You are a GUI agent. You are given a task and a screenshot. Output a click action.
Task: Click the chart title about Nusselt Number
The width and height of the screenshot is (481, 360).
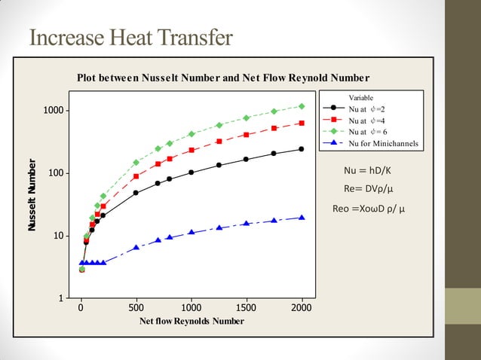coord(223,78)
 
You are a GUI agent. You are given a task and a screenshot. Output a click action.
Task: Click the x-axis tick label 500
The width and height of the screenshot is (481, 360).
coord(136,308)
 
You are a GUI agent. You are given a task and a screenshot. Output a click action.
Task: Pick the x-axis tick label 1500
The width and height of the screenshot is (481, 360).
coord(247,308)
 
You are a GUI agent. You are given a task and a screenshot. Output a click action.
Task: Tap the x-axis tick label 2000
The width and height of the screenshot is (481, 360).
coord(302,308)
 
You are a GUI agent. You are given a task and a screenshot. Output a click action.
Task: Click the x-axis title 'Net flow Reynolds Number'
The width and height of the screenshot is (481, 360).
coord(191,321)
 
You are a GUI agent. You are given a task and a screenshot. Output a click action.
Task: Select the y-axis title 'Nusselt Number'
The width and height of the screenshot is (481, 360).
coord(33,194)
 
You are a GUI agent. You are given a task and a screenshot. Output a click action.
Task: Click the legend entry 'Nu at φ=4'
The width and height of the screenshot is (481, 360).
coord(366,120)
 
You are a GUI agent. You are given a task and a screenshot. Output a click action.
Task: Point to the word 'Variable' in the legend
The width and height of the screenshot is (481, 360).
coord(361,98)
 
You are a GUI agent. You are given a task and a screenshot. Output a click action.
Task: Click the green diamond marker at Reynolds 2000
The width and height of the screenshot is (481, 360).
coord(302,106)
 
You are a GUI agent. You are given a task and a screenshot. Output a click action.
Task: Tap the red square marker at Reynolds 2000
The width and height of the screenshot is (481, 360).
coord(302,123)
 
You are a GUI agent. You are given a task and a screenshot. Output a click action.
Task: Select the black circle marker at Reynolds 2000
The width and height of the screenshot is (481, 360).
coord(302,149)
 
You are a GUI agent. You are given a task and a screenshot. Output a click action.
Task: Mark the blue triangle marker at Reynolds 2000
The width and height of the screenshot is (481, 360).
coord(302,218)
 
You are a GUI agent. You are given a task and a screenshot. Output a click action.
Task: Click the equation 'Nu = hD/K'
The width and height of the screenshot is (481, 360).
coord(367,170)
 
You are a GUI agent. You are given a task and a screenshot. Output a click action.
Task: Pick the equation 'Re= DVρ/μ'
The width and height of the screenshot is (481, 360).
coord(370,188)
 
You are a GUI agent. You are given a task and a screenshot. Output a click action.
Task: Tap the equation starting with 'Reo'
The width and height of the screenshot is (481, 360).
coord(369,208)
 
